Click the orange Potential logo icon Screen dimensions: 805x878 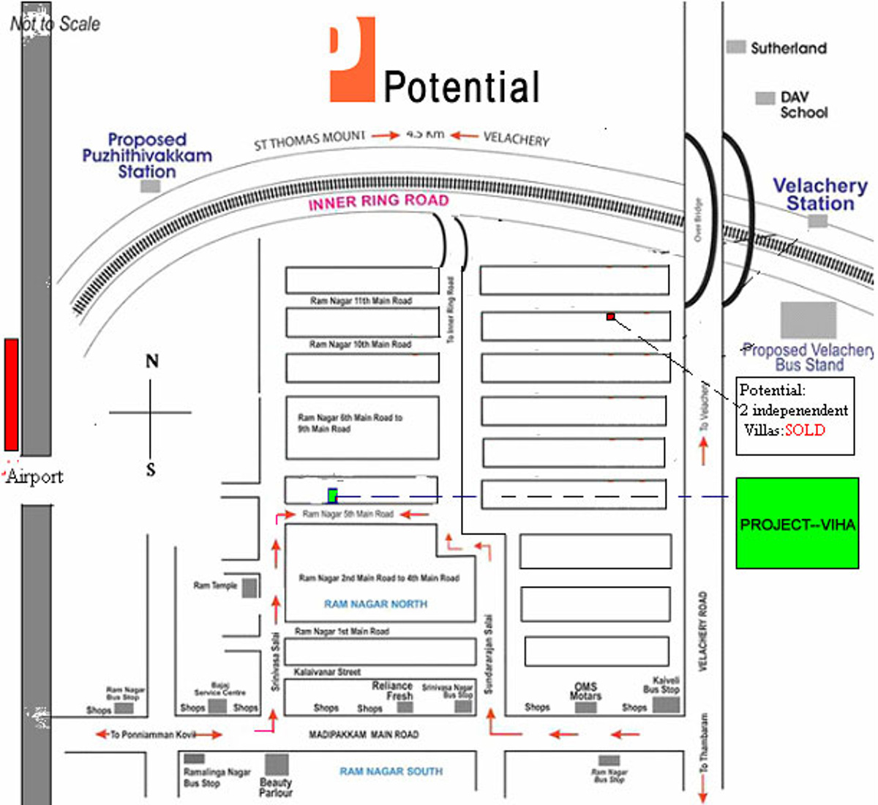pyautogui.click(x=352, y=60)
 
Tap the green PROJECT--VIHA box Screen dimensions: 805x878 pyautogui.click(x=797, y=523)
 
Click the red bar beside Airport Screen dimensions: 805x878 pyautogui.click(x=11, y=394)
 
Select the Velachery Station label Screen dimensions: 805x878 pyautogui.click(x=820, y=195)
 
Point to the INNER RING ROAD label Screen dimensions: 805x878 pyautogui.click(x=378, y=201)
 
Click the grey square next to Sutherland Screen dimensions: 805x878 pyautogui.click(x=735, y=48)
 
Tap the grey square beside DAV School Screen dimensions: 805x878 pyautogui.click(x=765, y=98)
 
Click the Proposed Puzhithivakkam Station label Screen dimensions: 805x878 pyautogui.click(x=147, y=155)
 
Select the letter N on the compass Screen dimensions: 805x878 pyautogui.click(x=152, y=361)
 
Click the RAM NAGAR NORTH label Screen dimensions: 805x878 pyautogui.click(x=375, y=604)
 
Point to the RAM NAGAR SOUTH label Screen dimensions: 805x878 pyautogui.click(x=391, y=771)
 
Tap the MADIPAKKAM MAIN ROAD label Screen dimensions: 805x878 pyautogui.click(x=364, y=734)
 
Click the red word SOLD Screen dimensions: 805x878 pyautogui.click(x=805, y=430)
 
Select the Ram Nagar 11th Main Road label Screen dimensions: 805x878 pyautogui.click(x=361, y=301)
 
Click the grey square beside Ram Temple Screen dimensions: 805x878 pyautogui.click(x=249, y=588)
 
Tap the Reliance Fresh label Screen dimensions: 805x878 pyautogui.click(x=392, y=691)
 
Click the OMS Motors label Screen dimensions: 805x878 pyautogui.click(x=585, y=691)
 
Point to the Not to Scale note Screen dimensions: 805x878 pyautogui.click(x=55, y=23)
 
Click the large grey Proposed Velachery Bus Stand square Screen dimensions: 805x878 pyautogui.click(x=808, y=321)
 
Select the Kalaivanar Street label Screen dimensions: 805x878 pyautogui.click(x=327, y=671)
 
